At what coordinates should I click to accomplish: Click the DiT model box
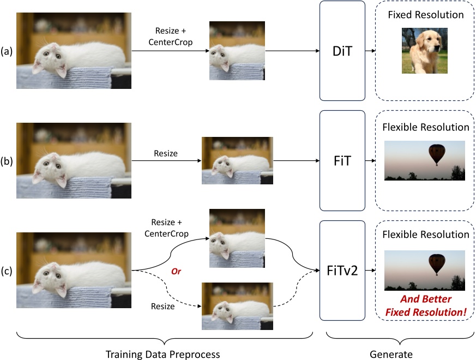click(x=342, y=51)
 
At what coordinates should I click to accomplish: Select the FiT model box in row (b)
click(x=342, y=160)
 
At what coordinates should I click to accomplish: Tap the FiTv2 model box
click(x=342, y=270)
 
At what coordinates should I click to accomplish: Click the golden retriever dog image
click(x=424, y=50)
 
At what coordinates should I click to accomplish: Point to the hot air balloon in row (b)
click(x=436, y=154)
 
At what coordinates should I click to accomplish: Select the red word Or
click(x=176, y=271)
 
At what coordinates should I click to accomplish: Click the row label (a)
click(x=8, y=51)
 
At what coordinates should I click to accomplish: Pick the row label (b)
click(x=8, y=160)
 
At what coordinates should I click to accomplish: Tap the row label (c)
click(x=8, y=270)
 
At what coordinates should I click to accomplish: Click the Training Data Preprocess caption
click(x=165, y=354)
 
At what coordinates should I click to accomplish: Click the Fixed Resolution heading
click(x=426, y=15)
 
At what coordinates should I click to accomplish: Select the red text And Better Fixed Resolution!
click(x=425, y=306)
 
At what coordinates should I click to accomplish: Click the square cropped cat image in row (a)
click(x=238, y=51)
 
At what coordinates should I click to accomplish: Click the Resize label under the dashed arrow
click(x=163, y=307)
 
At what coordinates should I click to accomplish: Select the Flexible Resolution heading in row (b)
click(x=426, y=127)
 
